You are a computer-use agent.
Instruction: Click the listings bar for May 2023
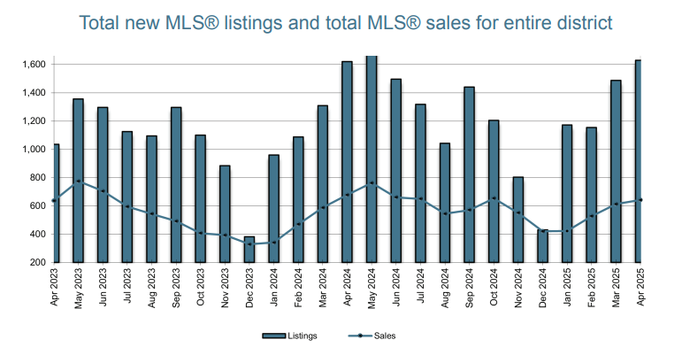(79, 181)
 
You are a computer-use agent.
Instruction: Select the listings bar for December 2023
(249, 250)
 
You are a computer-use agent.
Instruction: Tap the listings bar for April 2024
(347, 162)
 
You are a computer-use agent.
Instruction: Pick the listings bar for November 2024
(518, 220)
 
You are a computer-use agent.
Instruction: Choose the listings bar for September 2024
(470, 174)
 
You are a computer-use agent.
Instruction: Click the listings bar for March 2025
(616, 172)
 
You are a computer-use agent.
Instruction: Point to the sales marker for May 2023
(79, 181)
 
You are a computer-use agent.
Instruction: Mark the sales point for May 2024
(372, 183)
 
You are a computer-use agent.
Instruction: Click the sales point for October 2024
(494, 198)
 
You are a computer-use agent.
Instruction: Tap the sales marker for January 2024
(273, 243)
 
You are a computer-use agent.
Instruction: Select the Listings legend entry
(289, 336)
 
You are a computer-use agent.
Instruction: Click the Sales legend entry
(372, 336)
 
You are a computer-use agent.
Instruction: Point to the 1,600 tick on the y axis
(34, 65)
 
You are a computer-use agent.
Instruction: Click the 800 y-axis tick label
(37, 178)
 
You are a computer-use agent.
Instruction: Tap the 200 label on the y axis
(37, 262)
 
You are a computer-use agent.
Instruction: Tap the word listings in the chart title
(254, 24)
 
